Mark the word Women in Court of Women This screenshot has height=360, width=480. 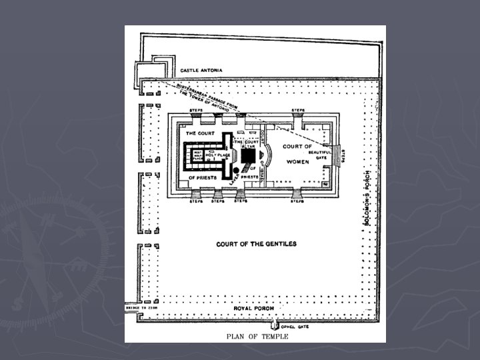click(294, 161)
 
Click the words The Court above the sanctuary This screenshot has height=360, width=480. click(200, 132)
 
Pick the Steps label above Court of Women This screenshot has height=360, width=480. click(298, 109)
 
